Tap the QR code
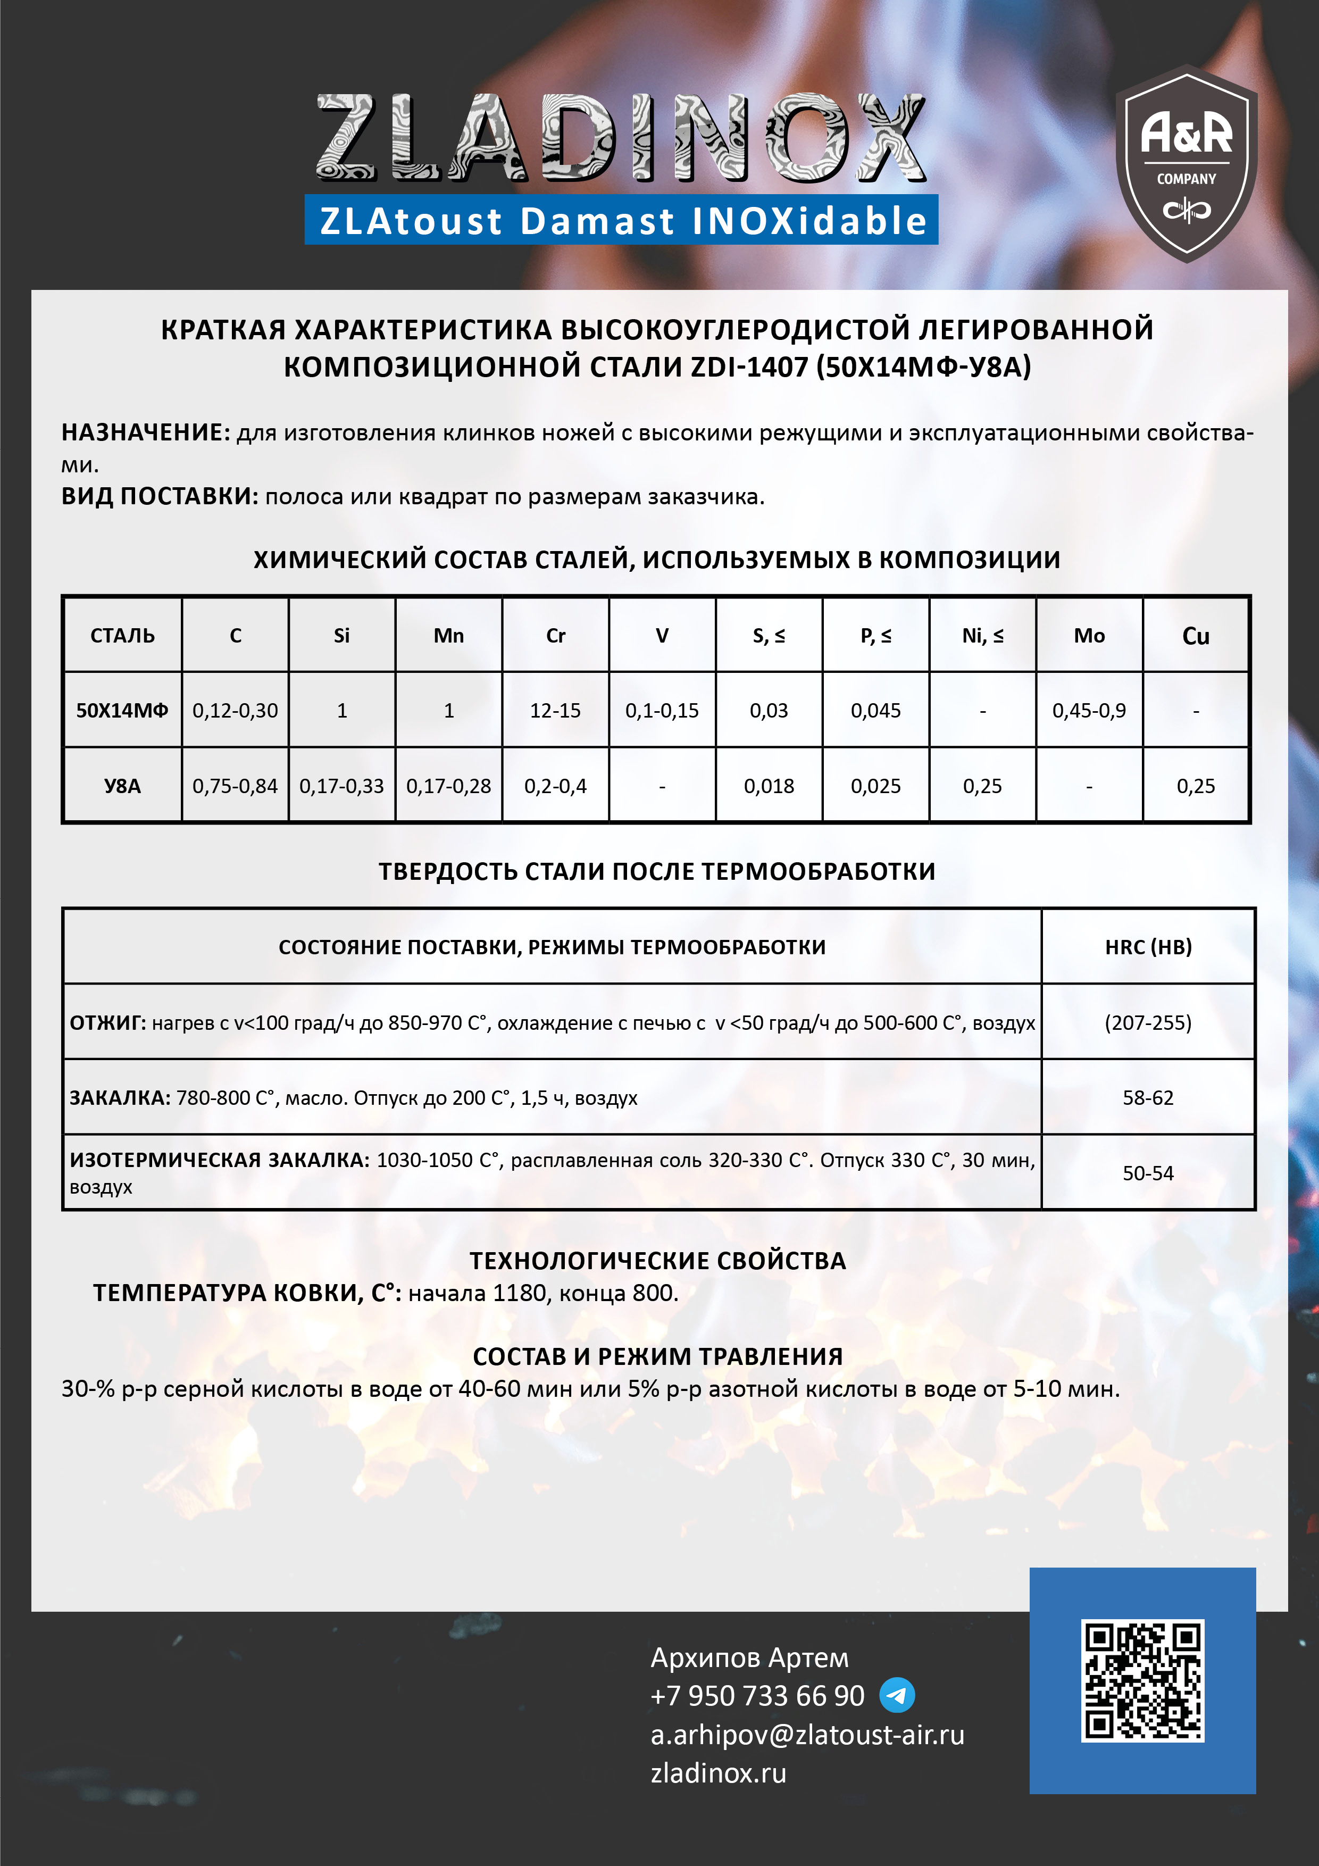[1142, 1680]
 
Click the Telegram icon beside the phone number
[897, 1695]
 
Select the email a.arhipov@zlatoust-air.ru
[807, 1734]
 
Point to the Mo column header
[1089, 636]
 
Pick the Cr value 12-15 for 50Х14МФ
[555, 710]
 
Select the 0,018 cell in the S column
[769, 786]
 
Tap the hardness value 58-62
[1148, 1098]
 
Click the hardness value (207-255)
[1148, 1022]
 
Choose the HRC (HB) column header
[1148, 947]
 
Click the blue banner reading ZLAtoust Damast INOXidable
[622, 220]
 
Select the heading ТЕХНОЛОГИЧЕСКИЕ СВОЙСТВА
[657, 1261]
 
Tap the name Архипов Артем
[749, 1657]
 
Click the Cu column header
[1196, 636]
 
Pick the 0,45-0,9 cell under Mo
[1089, 710]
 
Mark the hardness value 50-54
[1148, 1173]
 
